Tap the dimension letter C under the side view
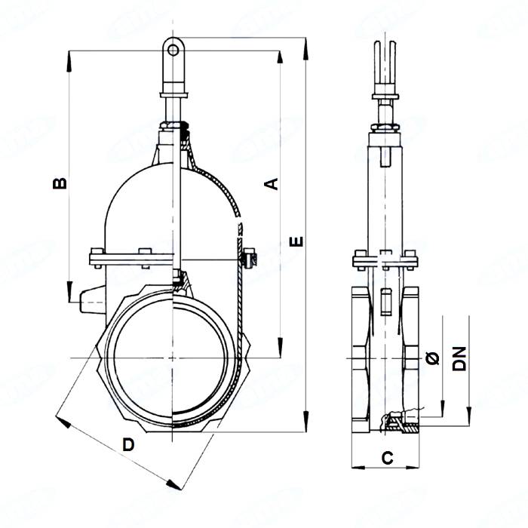387,457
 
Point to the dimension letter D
129,445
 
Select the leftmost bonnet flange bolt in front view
94,257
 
